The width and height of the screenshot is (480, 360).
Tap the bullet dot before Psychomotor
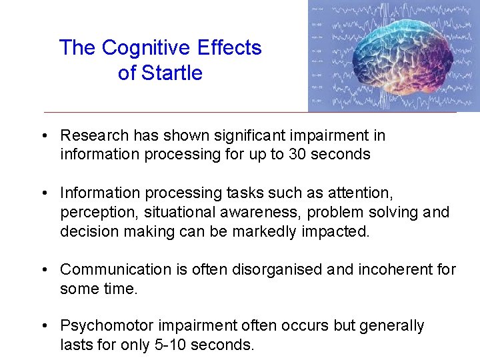point(43,326)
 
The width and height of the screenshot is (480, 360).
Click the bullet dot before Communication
point(43,269)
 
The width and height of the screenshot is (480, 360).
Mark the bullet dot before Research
point(43,135)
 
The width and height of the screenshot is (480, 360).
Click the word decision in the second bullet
point(87,231)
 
